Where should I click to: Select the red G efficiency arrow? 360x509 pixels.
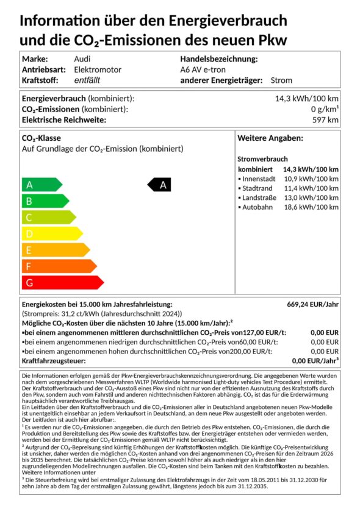tap(61, 282)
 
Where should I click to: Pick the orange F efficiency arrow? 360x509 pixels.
tap(58, 266)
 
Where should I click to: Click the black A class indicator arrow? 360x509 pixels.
tap(160, 185)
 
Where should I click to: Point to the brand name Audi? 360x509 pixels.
tap(82, 59)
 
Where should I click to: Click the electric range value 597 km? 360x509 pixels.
tap(325, 119)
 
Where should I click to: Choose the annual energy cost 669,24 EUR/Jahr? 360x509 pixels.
tap(312, 304)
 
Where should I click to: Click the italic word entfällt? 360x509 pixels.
tap(87, 80)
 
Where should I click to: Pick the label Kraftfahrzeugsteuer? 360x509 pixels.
tap(54, 361)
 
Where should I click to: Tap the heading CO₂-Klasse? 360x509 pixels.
tap(41, 138)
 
